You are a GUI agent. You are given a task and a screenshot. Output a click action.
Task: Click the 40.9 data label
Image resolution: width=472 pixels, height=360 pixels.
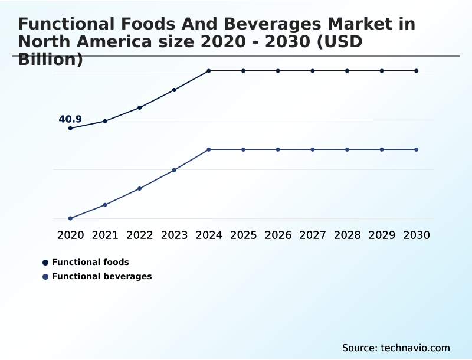70,120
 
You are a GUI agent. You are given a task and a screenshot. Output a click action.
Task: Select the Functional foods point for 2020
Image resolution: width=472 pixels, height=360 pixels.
70,128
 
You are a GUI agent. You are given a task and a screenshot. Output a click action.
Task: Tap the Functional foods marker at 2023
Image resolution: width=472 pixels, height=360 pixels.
174,90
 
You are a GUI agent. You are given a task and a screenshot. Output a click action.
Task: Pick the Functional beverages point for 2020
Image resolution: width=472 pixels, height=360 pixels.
70,218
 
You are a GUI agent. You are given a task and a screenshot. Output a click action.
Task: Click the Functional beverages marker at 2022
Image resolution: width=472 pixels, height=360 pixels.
140,188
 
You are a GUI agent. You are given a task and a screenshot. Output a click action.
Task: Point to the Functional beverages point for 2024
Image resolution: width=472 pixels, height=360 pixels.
209,149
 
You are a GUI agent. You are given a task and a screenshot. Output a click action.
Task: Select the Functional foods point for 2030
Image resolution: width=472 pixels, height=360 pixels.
417,71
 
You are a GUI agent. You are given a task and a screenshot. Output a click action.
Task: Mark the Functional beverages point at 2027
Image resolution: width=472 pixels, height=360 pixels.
313,149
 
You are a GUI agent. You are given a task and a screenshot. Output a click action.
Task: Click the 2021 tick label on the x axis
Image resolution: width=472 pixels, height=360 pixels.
105,235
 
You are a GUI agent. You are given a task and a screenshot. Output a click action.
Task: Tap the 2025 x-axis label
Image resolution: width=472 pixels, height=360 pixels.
243,235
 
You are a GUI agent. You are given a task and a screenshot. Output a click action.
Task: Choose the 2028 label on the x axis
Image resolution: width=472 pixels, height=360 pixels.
347,235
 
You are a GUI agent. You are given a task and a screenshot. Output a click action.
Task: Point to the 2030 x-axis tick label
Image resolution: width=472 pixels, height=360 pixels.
417,235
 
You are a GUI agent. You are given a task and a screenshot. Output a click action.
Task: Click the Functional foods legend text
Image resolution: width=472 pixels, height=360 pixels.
90,262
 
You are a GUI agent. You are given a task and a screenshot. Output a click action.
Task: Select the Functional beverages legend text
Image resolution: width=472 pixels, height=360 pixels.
101,276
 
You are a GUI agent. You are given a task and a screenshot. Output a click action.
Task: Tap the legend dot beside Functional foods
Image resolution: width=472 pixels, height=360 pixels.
45,263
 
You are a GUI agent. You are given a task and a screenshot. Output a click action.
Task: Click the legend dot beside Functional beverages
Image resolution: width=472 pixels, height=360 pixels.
45,277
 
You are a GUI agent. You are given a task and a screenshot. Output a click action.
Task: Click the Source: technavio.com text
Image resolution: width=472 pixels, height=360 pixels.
396,348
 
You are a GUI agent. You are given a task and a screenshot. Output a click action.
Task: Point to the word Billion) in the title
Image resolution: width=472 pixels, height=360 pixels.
51,60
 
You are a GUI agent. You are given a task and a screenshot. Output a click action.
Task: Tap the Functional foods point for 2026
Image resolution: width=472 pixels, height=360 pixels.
278,71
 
